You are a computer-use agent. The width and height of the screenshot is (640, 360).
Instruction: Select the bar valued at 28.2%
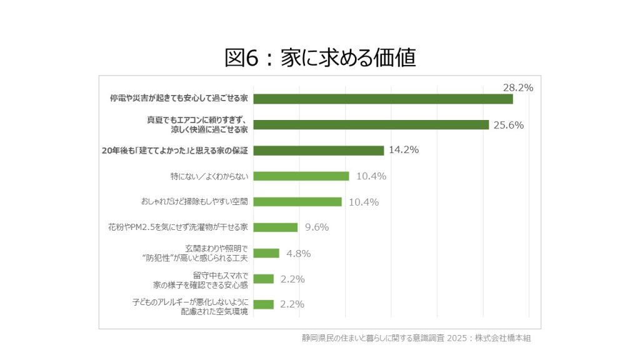click(382, 99)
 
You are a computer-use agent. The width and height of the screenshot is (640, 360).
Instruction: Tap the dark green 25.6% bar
click(371, 124)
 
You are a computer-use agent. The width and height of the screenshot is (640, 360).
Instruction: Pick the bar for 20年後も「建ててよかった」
click(318, 151)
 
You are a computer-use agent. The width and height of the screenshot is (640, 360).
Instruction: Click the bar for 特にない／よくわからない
click(301, 176)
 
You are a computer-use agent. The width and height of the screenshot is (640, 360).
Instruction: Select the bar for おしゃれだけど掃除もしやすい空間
click(297, 202)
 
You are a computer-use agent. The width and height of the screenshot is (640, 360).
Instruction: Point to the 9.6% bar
click(275, 227)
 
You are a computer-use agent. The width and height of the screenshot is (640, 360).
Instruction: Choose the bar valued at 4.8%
click(266, 253)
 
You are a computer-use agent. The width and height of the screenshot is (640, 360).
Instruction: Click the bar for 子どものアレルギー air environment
click(263, 304)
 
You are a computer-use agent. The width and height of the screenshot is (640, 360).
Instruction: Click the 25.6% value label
click(508, 125)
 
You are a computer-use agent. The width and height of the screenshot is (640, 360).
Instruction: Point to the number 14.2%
click(403, 150)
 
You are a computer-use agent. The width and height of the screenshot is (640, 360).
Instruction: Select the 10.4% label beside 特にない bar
click(371, 176)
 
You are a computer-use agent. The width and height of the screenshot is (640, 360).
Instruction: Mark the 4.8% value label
click(298, 253)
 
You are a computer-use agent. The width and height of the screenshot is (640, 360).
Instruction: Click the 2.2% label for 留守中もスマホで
click(292, 279)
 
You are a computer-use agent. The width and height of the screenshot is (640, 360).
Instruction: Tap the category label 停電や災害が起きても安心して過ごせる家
click(179, 99)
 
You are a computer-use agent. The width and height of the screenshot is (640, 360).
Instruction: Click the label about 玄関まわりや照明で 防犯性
click(204, 253)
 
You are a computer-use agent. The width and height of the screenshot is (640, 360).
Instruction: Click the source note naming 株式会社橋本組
click(416, 338)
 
